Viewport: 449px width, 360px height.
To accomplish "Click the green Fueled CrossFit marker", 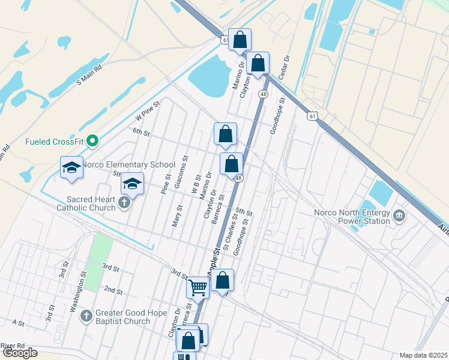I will [92, 142].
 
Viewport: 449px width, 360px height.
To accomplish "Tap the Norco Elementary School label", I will [128, 164].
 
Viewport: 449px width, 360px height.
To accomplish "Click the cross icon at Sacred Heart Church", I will [124, 202].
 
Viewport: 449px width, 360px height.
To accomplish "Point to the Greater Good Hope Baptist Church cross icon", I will [86, 315].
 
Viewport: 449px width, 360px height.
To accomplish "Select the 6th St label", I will [140, 131].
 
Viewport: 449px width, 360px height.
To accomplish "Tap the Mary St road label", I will [177, 215].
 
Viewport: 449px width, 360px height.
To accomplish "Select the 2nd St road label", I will [113, 290].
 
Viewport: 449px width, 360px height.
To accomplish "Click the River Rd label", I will [13, 346].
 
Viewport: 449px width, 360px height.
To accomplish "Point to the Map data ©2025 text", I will [423, 355].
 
